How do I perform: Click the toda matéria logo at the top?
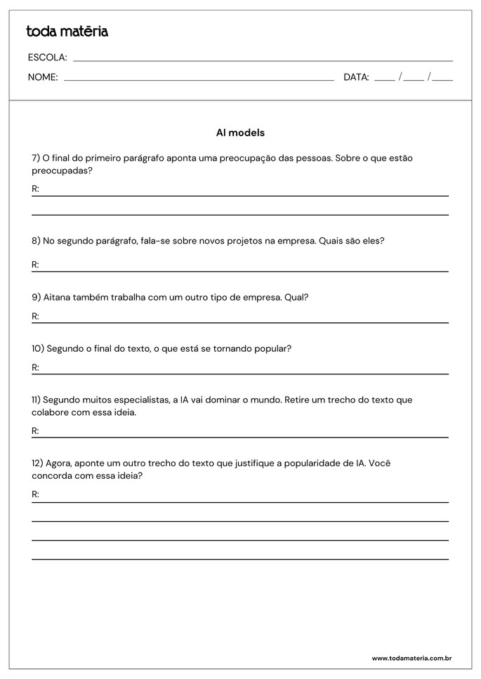[67, 32]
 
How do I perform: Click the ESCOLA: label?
[47, 58]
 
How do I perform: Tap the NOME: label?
[43, 77]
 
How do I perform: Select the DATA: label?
[356, 77]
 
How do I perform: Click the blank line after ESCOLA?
[263, 60]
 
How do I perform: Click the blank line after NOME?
[199, 79]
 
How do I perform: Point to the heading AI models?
[240, 132]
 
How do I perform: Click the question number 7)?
[36, 158]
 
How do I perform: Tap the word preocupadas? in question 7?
[62, 170]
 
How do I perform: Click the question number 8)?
[36, 241]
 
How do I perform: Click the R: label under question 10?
[35, 367]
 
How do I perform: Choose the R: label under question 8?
[35, 265]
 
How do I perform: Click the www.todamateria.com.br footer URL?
[411, 658]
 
